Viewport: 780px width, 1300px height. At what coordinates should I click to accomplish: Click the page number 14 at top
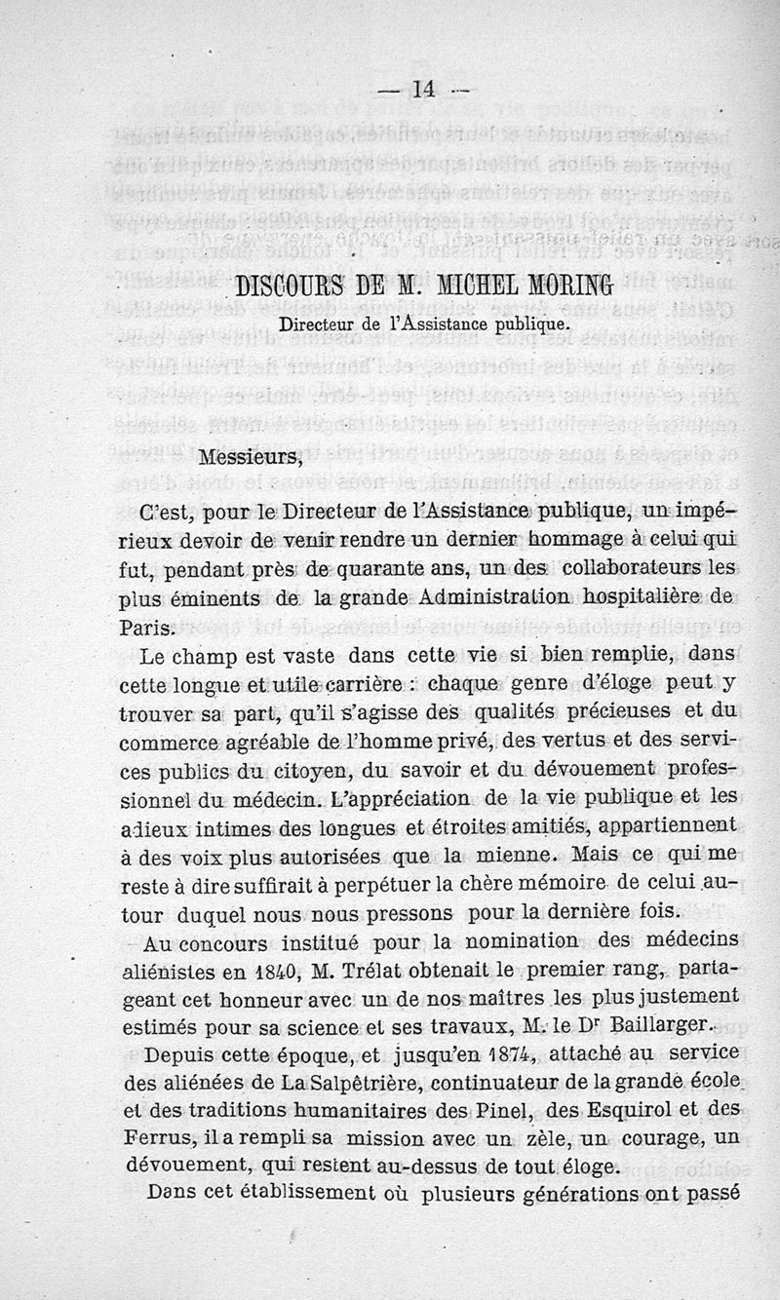422,90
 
